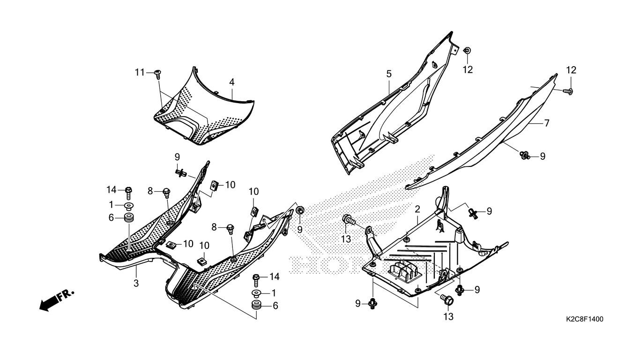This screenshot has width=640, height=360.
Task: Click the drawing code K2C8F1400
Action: [x=584, y=319]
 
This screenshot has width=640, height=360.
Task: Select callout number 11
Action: [x=140, y=72]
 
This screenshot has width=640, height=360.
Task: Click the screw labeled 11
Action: [x=157, y=73]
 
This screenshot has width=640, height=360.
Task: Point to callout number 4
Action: [x=232, y=82]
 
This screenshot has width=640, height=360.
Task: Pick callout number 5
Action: [x=389, y=74]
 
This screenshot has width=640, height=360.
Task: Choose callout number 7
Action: [x=547, y=123]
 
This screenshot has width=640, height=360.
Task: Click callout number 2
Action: [x=417, y=210]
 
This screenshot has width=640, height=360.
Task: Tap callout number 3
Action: [x=136, y=283]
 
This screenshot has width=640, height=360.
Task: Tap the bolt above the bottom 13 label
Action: [x=447, y=300]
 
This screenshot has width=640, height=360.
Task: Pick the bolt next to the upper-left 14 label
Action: [x=128, y=193]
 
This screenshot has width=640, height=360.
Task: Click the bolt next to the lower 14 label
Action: [x=256, y=280]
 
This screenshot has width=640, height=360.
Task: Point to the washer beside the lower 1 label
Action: [x=256, y=293]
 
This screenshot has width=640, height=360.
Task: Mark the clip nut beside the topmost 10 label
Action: [x=214, y=186]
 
